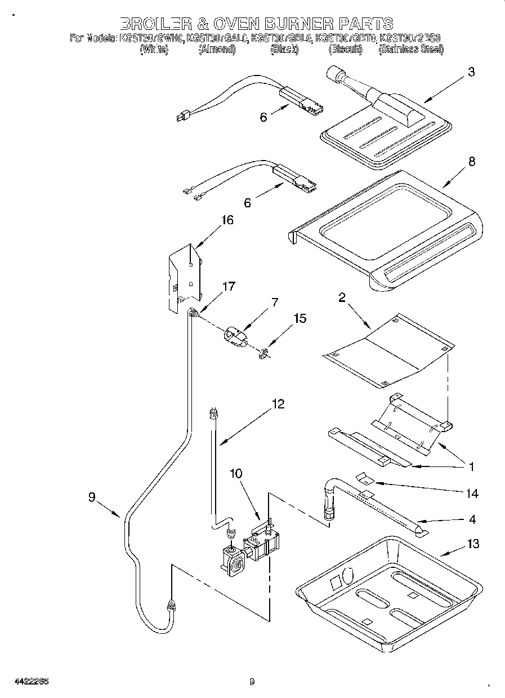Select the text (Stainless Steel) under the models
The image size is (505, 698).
[x=411, y=50]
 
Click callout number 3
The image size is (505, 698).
[x=471, y=72]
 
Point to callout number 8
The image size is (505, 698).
[x=471, y=162]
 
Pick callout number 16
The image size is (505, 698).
[x=227, y=220]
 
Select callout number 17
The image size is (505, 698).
[x=228, y=286]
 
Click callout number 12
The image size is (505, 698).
[x=278, y=404]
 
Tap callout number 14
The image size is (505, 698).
[x=472, y=494]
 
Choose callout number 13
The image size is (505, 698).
[x=473, y=544]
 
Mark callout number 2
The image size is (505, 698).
[x=342, y=298]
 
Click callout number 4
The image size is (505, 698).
[x=472, y=519]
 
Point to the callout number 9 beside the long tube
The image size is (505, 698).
[x=92, y=497]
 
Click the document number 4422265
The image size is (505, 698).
[x=32, y=681]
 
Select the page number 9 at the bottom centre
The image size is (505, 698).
[x=252, y=681]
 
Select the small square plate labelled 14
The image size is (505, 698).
[x=367, y=478]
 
